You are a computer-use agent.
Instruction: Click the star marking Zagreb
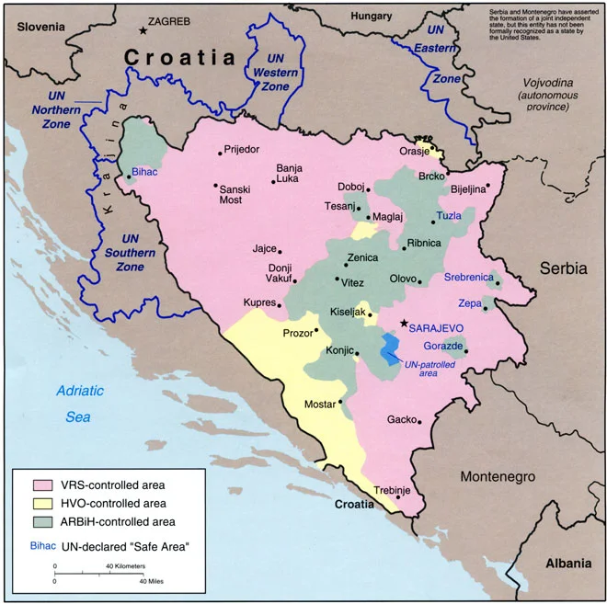coord(143,30)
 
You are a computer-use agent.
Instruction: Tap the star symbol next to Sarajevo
coord(403,324)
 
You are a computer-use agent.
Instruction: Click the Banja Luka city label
coord(289,174)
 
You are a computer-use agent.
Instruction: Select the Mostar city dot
coord(340,401)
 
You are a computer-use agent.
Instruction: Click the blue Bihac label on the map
coord(145,171)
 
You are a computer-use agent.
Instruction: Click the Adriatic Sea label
coord(79,404)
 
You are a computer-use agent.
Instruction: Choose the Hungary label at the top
coord(371,16)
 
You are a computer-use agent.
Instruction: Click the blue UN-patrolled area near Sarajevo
coord(390,347)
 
